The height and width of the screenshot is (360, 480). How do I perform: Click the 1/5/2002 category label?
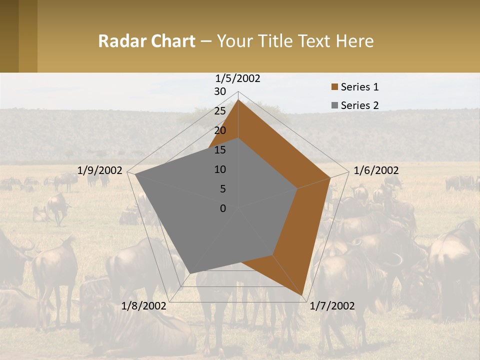coord(238,78)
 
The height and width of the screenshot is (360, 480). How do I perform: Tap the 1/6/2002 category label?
coord(376,170)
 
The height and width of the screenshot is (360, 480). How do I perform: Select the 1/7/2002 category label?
coord(332,306)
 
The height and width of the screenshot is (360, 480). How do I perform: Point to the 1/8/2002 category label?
coord(144,306)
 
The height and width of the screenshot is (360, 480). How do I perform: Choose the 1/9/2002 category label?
coord(100,170)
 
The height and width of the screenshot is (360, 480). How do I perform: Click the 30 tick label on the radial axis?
coord(220,91)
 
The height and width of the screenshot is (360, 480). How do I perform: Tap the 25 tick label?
coord(220,111)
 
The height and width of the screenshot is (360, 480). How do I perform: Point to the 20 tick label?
coord(220,130)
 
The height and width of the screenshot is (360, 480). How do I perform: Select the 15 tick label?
coord(220,150)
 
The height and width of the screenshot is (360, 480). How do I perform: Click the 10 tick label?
coord(220,169)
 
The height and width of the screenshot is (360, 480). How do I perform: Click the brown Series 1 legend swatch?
coord(334,87)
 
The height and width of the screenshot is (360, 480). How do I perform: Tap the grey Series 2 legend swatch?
coord(334,105)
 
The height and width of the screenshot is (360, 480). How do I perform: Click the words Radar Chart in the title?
coord(146,41)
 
